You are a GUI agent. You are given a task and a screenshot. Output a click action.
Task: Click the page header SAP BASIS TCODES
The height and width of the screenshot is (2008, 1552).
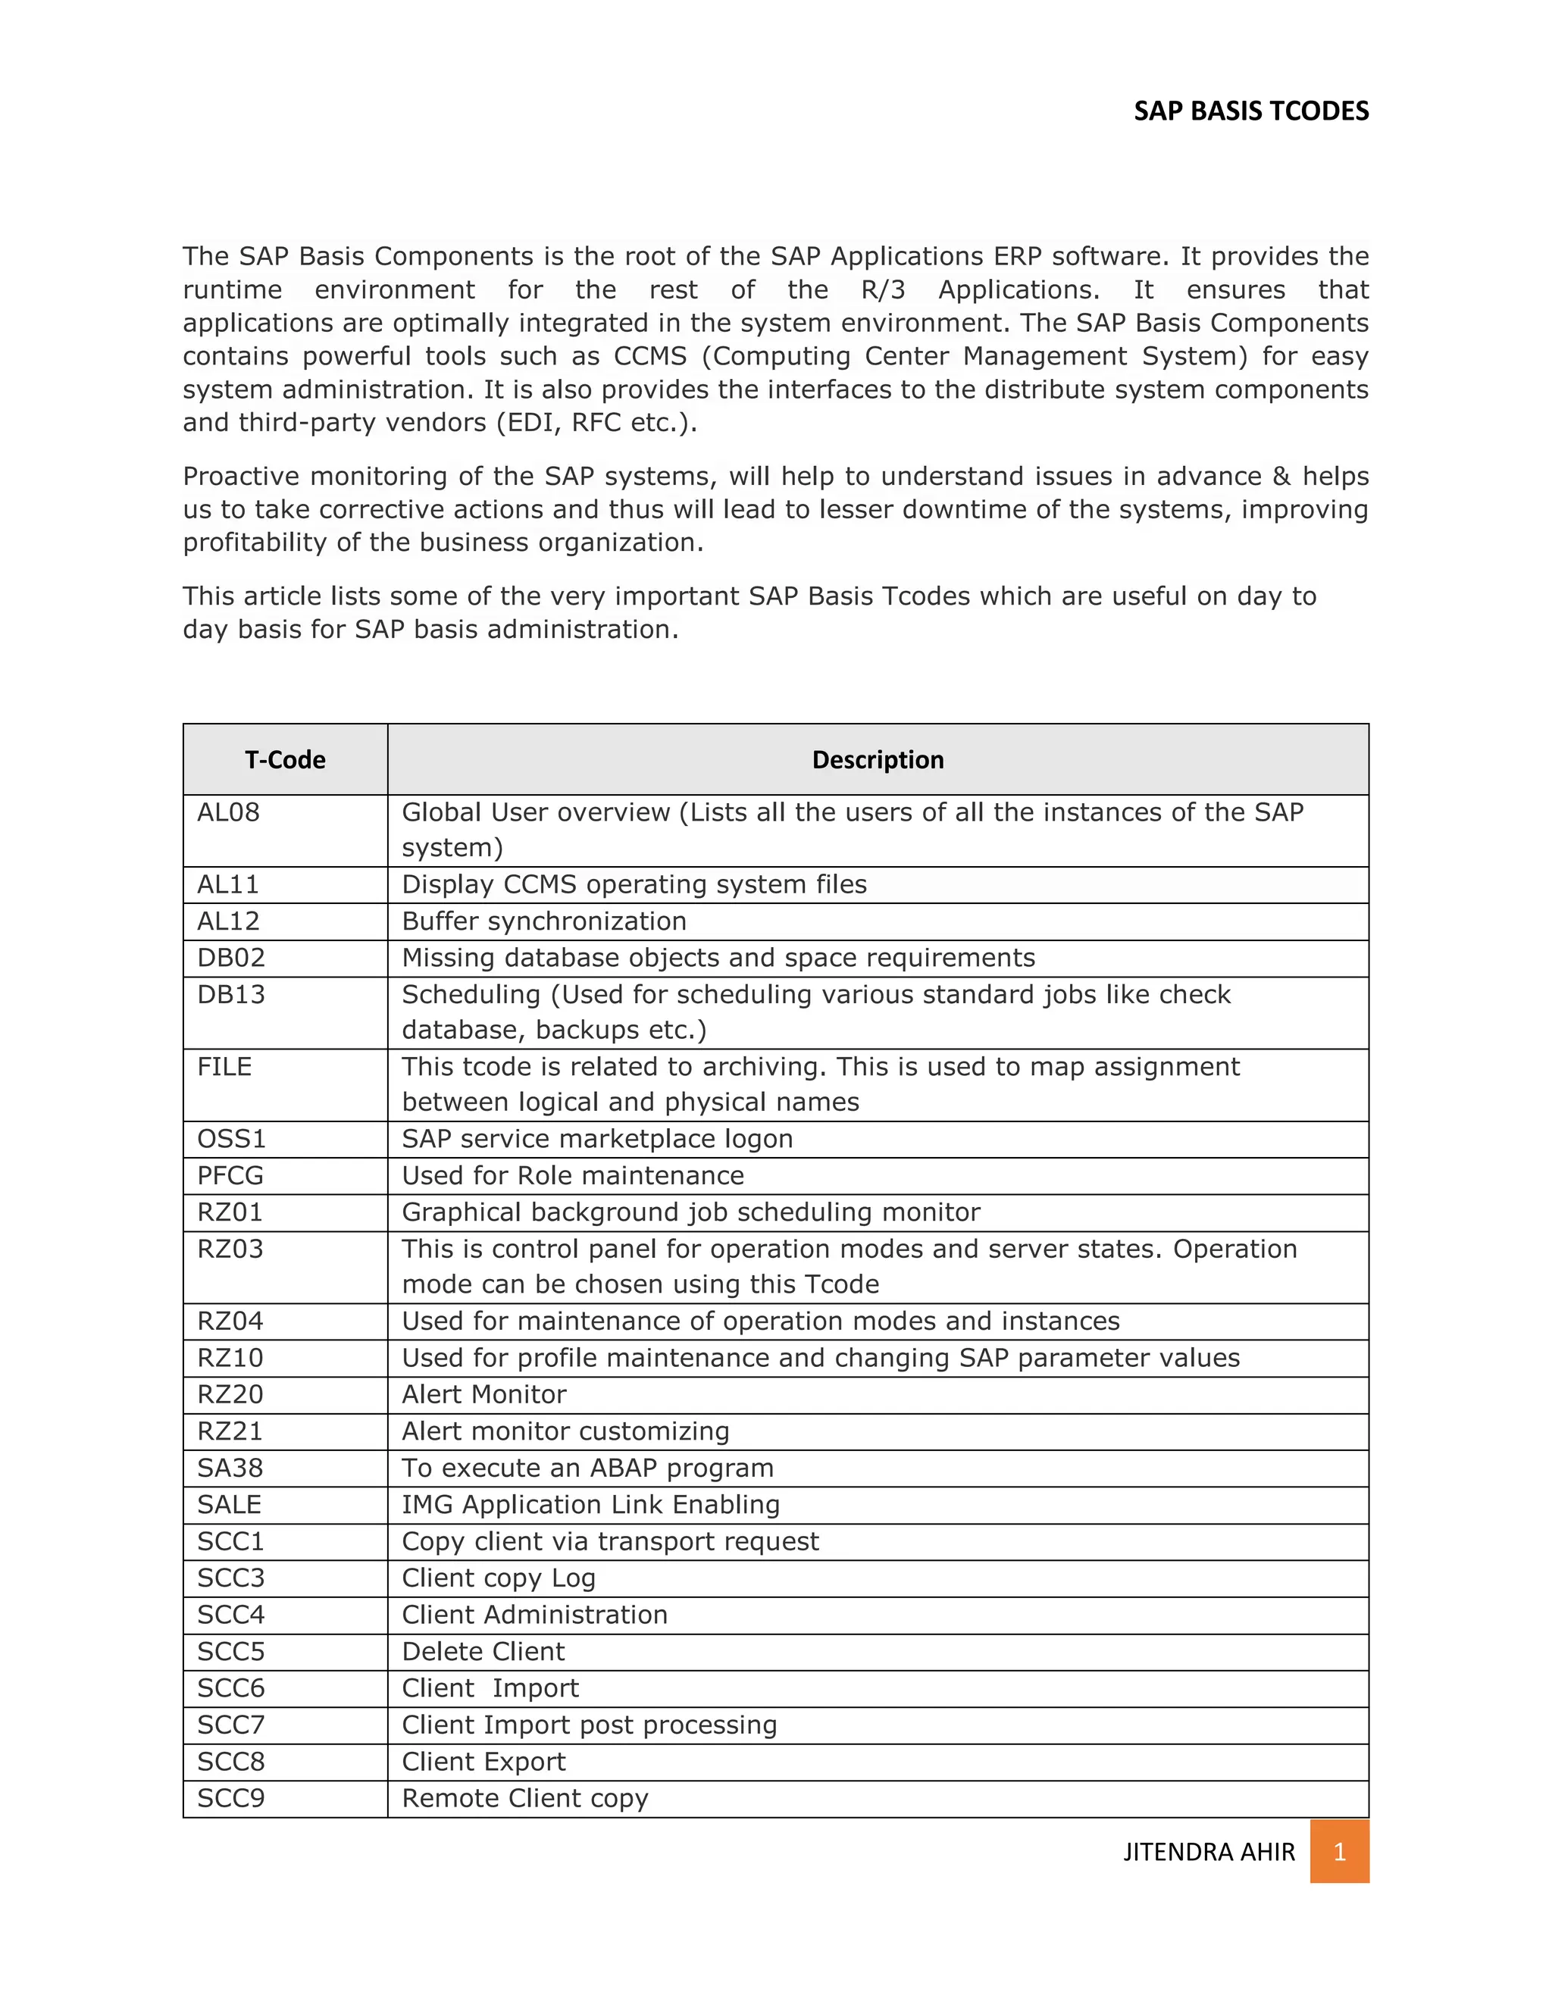tap(1250, 111)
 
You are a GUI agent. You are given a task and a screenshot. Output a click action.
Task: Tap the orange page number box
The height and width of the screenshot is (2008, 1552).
tap(1339, 1852)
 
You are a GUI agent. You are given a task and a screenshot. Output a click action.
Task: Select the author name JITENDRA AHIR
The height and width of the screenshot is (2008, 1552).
tap(1208, 1852)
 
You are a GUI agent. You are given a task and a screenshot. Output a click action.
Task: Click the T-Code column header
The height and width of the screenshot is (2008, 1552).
tap(285, 759)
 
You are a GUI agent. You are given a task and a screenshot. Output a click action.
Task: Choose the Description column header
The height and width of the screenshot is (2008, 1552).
tap(877, 759)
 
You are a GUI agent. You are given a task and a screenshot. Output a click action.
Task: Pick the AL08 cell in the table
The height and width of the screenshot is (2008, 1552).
tap(229, 813)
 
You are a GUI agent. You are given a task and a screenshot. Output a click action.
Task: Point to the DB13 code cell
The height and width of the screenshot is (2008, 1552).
tap(231, 995)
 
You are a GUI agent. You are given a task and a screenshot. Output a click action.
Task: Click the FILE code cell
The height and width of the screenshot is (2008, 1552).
tap(224, 1067)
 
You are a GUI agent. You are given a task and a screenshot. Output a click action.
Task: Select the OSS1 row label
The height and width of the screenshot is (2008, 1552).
tap(232, 1139)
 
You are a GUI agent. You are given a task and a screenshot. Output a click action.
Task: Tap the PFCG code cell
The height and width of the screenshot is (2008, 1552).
tap(230, 1176)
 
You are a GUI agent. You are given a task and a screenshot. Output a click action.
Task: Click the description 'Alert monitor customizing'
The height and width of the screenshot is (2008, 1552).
tap(565, 1431)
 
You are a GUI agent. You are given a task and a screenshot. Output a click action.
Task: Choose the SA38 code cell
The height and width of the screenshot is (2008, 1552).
tap(230, 1468)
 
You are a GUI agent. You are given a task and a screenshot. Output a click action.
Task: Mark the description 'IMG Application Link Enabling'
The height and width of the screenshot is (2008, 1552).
tap(590, 1505)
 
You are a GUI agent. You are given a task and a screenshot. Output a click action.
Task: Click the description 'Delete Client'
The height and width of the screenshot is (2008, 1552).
tap(483, 1651)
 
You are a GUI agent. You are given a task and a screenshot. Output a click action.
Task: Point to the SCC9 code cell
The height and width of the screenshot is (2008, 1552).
tap(231, 1798)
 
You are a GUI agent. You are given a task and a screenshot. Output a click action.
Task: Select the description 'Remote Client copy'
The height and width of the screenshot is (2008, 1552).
tap(525, 1798)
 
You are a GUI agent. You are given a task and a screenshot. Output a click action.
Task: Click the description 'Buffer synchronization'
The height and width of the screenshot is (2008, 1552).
tap(544, 921)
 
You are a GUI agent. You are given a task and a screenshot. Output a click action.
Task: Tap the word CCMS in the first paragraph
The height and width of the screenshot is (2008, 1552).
tap(650, 356)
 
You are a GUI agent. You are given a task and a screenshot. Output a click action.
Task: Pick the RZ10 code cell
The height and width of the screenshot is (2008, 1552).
tap(230, 1358)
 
